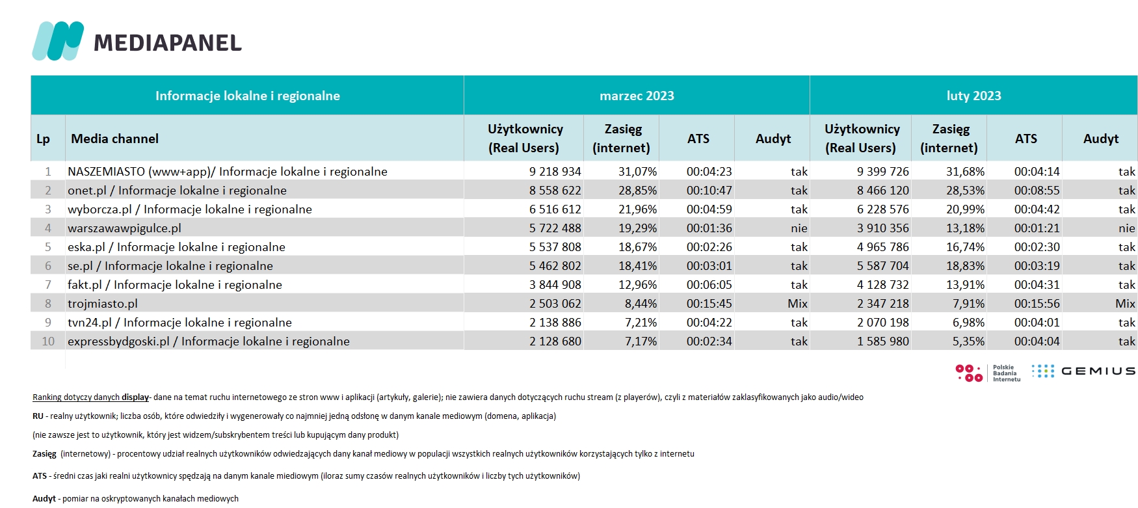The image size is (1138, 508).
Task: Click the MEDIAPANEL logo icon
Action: pos(58,41)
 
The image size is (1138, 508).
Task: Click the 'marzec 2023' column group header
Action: pos(637,96)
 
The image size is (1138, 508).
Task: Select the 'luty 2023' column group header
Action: pos(973,96)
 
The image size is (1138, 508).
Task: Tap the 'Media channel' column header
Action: pos(114,139)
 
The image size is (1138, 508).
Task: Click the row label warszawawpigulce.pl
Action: pos(124,228)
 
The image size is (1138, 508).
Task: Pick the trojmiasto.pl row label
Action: pos(103,304)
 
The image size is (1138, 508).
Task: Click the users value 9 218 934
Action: pos(555,172)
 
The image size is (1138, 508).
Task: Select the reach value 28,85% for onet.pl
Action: pos(637,191)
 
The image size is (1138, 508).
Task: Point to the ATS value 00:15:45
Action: pos(709,304)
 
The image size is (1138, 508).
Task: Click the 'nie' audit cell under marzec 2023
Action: pos(799,228)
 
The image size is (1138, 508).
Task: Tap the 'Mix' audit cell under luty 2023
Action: pos(1125,304)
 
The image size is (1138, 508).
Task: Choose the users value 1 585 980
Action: pos(883,341)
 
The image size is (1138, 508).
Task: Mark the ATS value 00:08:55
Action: pos(1037,191)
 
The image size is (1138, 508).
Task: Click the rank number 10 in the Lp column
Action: pos(48,341)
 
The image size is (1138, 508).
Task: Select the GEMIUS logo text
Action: pos(1098,371)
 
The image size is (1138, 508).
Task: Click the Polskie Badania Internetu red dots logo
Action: pos(969,373)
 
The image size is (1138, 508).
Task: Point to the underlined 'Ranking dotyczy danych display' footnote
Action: pos(91,397)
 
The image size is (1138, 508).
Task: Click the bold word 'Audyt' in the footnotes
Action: pos(44,499)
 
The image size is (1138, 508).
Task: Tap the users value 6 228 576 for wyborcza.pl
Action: pos(883,209)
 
